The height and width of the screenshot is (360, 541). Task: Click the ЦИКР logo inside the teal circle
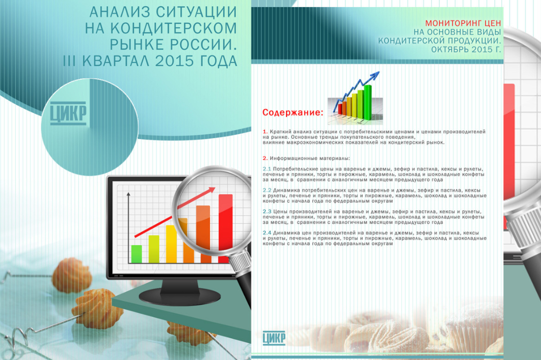click(x=68, y=113)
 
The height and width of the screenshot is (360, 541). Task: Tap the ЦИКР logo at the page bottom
click(x=274, y=338)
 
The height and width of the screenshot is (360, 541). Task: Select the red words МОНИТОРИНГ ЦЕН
click(x=463, y=23)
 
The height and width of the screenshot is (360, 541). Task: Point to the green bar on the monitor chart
click(x=137, y=254)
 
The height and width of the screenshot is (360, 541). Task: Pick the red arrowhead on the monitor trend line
click(x=211, y=190)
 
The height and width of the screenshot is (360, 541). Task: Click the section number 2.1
click(x=267, y=169)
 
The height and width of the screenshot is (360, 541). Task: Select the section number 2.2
click(x=267, y=190)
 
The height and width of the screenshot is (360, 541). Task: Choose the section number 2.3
click(x=267, y=212)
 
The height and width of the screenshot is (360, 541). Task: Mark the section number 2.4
click(x=267, y=233)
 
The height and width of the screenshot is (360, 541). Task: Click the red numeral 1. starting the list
click(x=265, y=132)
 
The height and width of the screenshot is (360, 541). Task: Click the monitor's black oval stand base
click(x=180, y=296)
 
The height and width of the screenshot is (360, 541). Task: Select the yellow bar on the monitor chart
click(x=172, y=244)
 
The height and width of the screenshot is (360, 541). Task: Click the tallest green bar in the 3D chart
click(x=368, y=102)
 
